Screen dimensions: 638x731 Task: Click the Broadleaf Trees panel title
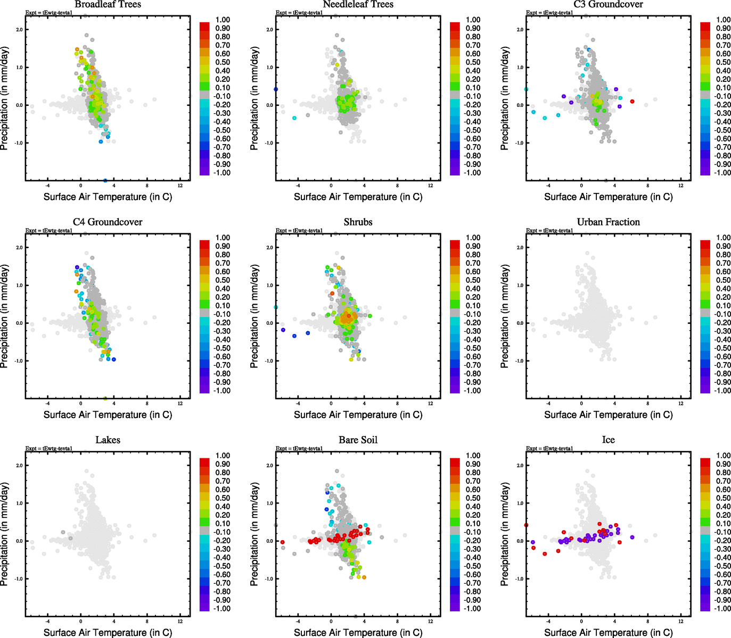(x=108, y=5)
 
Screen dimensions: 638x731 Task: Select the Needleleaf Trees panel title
(x=358, y=5)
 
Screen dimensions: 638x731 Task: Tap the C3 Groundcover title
(x=608, y=5)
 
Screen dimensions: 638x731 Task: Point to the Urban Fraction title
(x=608, y=222)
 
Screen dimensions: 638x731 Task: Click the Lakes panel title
(x=108, y=440)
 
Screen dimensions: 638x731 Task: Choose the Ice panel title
(x=608, y=440)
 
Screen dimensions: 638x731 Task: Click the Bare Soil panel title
(x=358, y=440)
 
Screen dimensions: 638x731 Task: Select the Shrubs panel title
(x=358, y=222)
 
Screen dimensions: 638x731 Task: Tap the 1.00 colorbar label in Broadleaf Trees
(x=223, y=20)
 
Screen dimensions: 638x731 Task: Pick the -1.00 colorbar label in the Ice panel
(x=722, y=609)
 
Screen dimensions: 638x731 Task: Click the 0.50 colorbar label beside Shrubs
(x=473, y=280)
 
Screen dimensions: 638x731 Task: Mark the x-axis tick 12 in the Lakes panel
(x=180, y=621)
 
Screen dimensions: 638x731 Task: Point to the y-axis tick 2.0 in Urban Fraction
(x=520, y=248)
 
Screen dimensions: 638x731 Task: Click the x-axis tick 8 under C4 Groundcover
(x=147, y=404)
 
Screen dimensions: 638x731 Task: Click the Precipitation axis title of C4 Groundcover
(x=5, y=316)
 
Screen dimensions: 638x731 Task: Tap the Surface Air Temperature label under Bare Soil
(x=358, y=633)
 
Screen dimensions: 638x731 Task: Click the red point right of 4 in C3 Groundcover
(x=632, y=101)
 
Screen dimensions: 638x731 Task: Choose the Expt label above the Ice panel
(x=549, y=448)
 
